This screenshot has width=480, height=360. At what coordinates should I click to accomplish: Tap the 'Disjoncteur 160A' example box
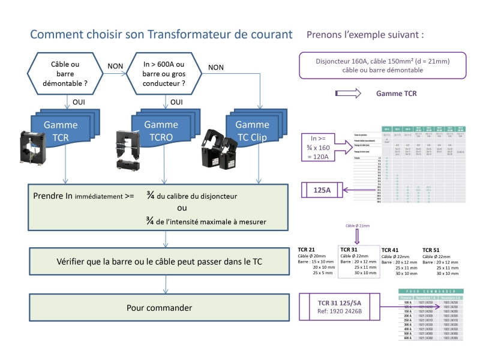[x=382, y=65]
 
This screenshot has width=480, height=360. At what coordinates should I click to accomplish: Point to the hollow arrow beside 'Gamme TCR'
[x=348, y=94]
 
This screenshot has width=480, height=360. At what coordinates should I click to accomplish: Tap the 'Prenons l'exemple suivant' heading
[x=365, y=34]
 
